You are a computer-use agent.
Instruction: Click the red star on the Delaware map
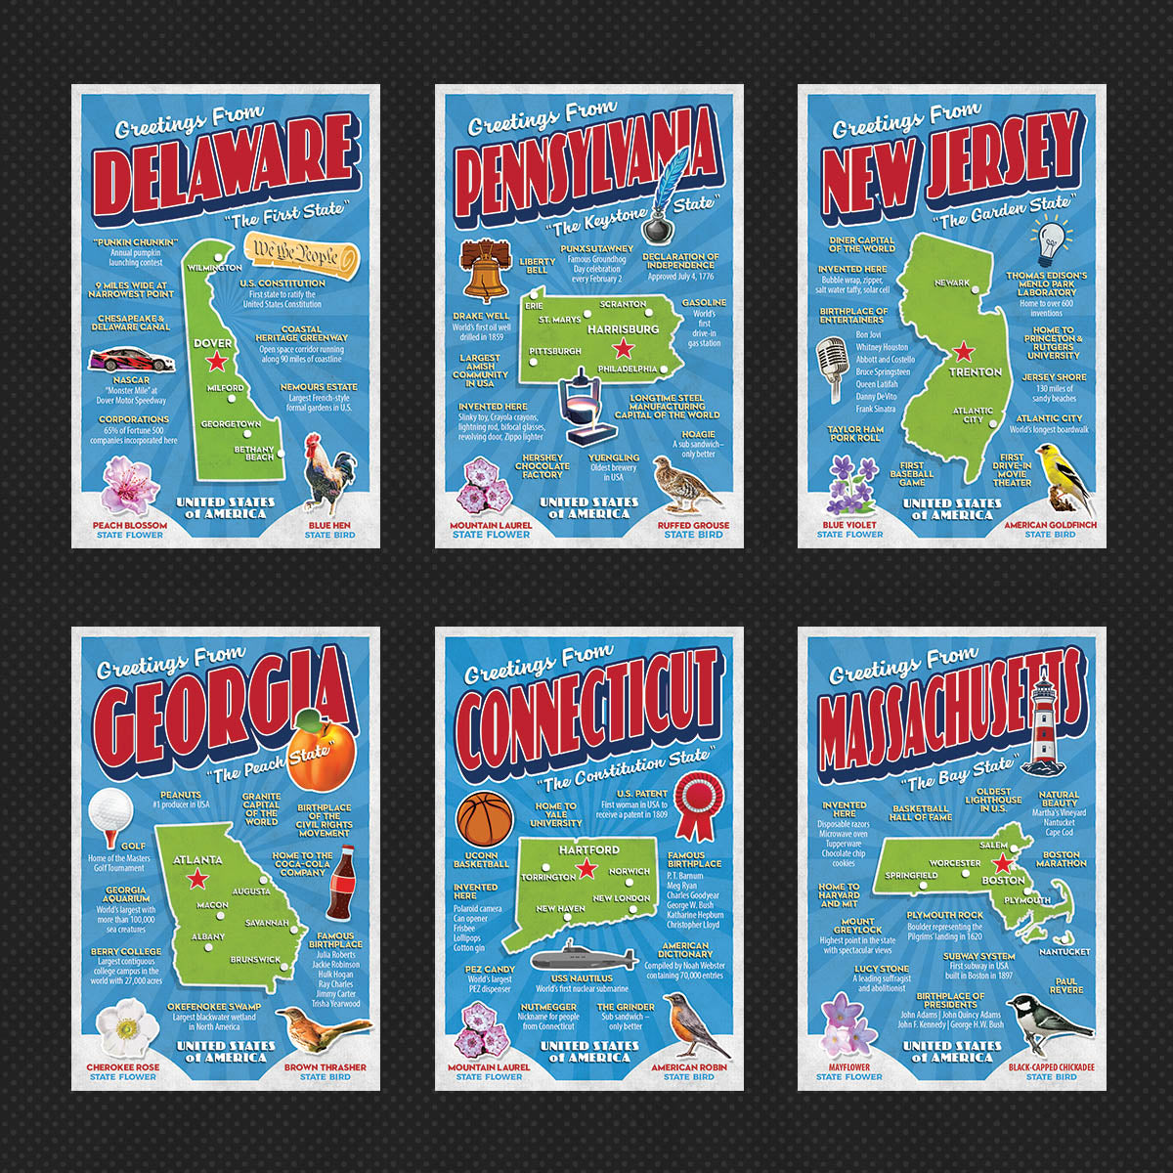click(216, 362)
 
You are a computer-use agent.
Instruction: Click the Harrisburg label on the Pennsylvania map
click(623, 329)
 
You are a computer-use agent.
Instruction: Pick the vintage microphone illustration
click(831, 367)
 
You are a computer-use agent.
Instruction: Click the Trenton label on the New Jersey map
click(976, 371)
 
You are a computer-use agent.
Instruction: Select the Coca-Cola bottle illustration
click(339, 884)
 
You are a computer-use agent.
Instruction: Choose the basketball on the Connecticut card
click(485, 818)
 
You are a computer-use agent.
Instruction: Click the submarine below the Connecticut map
click(583, 955)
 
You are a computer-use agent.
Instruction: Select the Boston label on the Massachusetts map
click(1003, 880)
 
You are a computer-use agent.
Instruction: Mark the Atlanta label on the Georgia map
click(197, 860)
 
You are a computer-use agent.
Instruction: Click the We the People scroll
click(299, 253)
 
